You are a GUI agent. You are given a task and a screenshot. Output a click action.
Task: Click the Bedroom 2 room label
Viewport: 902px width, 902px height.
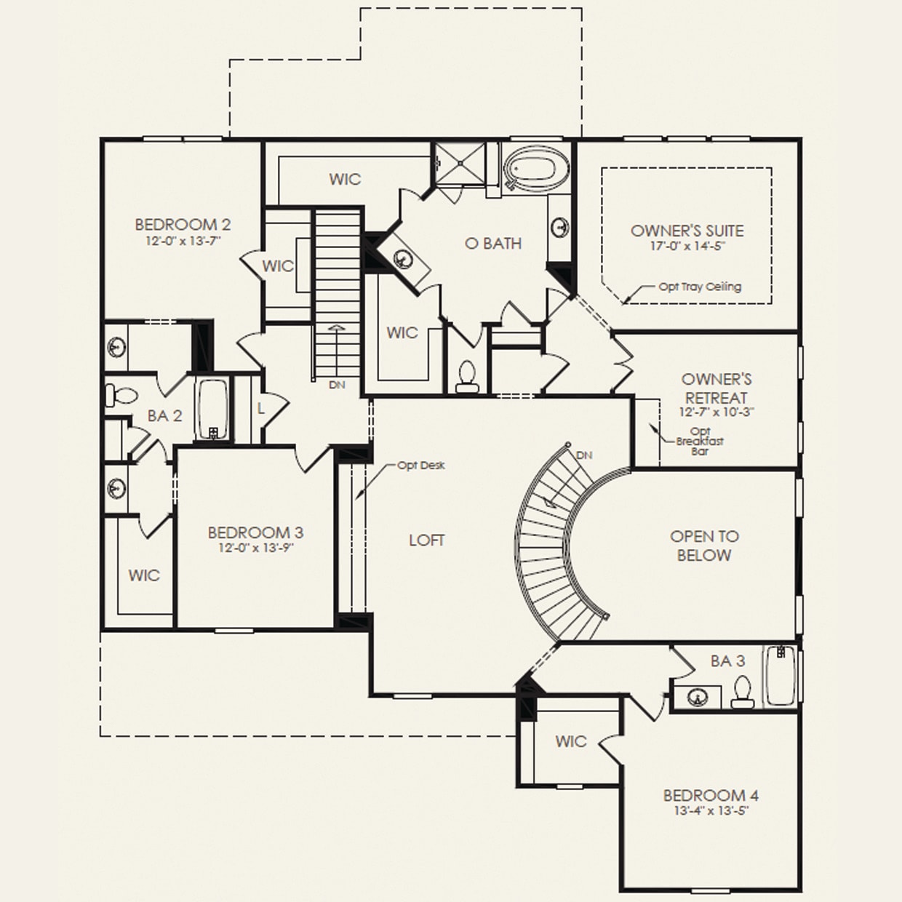pyautogui.click(x=183, y=225)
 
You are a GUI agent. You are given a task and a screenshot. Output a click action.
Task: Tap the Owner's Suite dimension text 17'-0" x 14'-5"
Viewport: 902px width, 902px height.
pyautogui.click(x=687, y=246)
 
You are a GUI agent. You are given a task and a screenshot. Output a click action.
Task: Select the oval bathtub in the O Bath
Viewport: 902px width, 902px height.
pyautogui.click(x=530, y=169)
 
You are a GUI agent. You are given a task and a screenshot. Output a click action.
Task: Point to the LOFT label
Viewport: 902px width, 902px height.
pyautogui.click(x=426, y=540)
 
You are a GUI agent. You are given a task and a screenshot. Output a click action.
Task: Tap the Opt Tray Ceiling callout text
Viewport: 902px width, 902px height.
pyautogui.click(x=700, y=287)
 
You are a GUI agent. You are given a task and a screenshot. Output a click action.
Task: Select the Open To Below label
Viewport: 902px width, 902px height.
pyautogui.click(x=704, y=546)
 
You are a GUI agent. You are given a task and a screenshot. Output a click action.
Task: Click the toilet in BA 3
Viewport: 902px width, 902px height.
pyautogui.click(x=742, y=693)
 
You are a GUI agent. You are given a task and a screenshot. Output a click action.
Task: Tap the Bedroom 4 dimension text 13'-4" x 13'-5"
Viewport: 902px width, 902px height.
pyautogui.click(x=711, y=811)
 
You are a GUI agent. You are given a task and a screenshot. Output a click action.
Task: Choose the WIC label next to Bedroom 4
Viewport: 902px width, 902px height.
pyautogui.click(x=570, y=741)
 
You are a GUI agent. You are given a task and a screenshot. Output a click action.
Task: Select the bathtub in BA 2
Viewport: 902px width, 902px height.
pyautogui.click(x=212, y=410)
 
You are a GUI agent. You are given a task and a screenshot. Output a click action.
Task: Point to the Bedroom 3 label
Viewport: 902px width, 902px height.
pyautogui.click(x=255, y=532)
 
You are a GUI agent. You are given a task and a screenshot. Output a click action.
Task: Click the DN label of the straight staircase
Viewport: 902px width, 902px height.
pyautogui.click(x=337, y=385)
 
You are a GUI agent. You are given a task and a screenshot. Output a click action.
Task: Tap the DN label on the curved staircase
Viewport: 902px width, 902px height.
pyautogui.click(x=584, y=455)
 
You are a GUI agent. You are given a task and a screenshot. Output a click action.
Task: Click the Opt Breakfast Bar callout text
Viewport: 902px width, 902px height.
pyautogui.click(x=700, y=441)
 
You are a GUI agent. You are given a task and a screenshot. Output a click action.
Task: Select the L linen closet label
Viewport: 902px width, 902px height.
pyautogui.click(x=260, y=409)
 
